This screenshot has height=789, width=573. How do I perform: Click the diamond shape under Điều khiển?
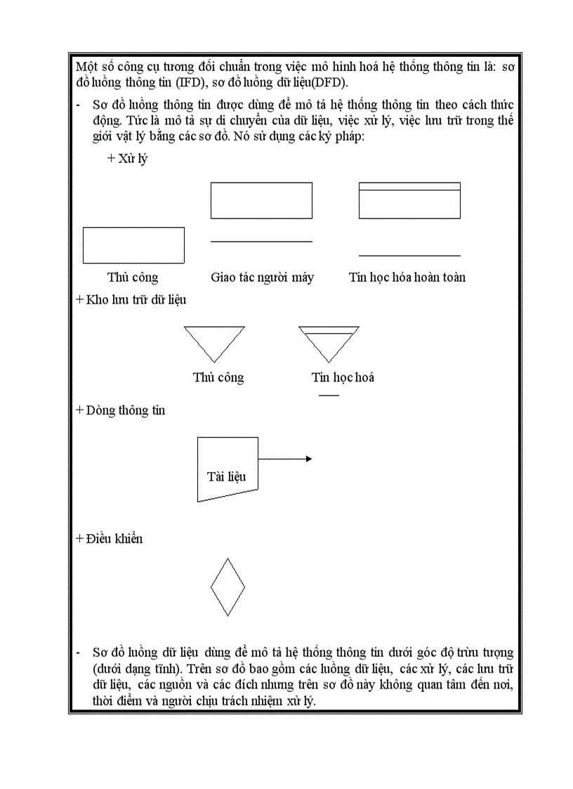(x=228, y=587)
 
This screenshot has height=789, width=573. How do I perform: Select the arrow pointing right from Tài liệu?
(x=284, y=459)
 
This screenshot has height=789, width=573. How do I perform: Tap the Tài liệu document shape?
(x=227, y=469)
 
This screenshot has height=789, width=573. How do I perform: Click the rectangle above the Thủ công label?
(x=133, y=245)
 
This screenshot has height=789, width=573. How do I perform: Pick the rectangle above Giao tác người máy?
(x=261, y=200)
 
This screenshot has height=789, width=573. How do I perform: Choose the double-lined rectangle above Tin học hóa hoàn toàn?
(x=409, y=200)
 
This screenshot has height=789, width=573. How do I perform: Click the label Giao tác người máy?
(x=262, y=278)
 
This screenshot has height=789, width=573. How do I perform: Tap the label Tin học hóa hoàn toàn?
(x=407, y=278)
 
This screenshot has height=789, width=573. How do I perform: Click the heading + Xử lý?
(x=127, y=159)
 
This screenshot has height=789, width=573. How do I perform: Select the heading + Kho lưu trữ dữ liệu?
(x=131, y=299)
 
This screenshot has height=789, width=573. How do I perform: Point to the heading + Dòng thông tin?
(x=120, y=410)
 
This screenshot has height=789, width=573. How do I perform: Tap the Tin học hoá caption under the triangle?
(x=343, y=377)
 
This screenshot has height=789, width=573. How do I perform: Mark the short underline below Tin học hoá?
(x=329, y=395)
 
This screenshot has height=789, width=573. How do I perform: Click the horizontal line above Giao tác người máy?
(x=261, y=241)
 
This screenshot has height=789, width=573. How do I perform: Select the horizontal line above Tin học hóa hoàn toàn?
(x=409, y=255)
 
